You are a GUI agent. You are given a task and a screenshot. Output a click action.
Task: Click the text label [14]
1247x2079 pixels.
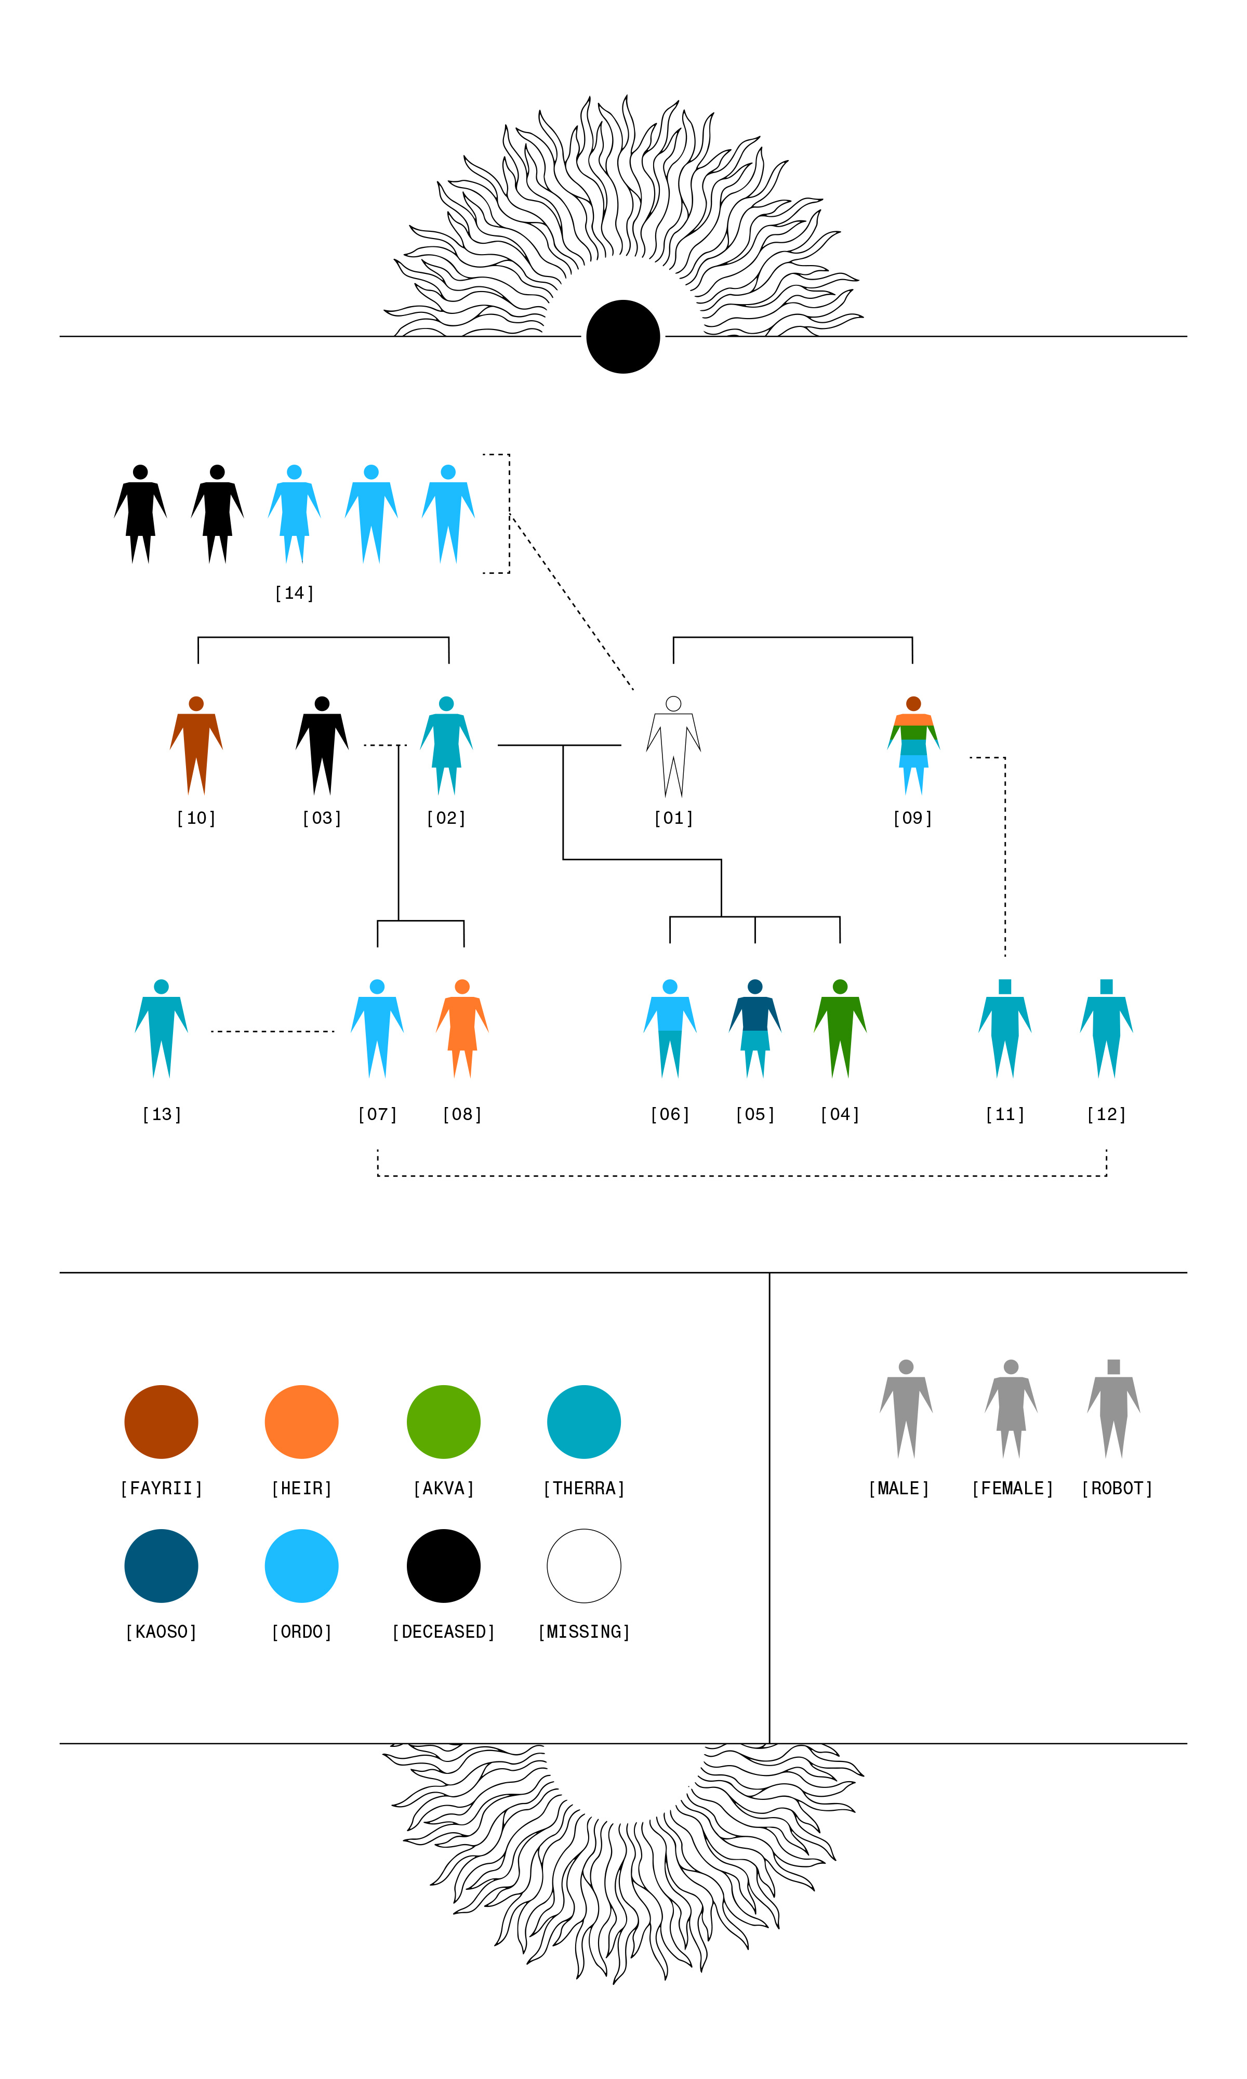[294, 593]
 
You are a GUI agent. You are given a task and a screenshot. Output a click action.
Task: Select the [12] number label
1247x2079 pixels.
[1106, 1114]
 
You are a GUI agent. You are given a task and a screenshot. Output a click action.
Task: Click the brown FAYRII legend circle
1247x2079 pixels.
[162, 1422]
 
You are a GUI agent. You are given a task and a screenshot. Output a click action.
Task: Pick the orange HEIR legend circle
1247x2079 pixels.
[302, 1422]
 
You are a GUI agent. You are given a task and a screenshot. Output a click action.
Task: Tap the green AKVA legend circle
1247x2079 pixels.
[444, 1422]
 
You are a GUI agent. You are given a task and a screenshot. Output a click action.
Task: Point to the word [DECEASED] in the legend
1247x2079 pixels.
[444, 1632]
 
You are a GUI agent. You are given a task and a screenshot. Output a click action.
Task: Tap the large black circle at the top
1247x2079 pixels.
[622, 336]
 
